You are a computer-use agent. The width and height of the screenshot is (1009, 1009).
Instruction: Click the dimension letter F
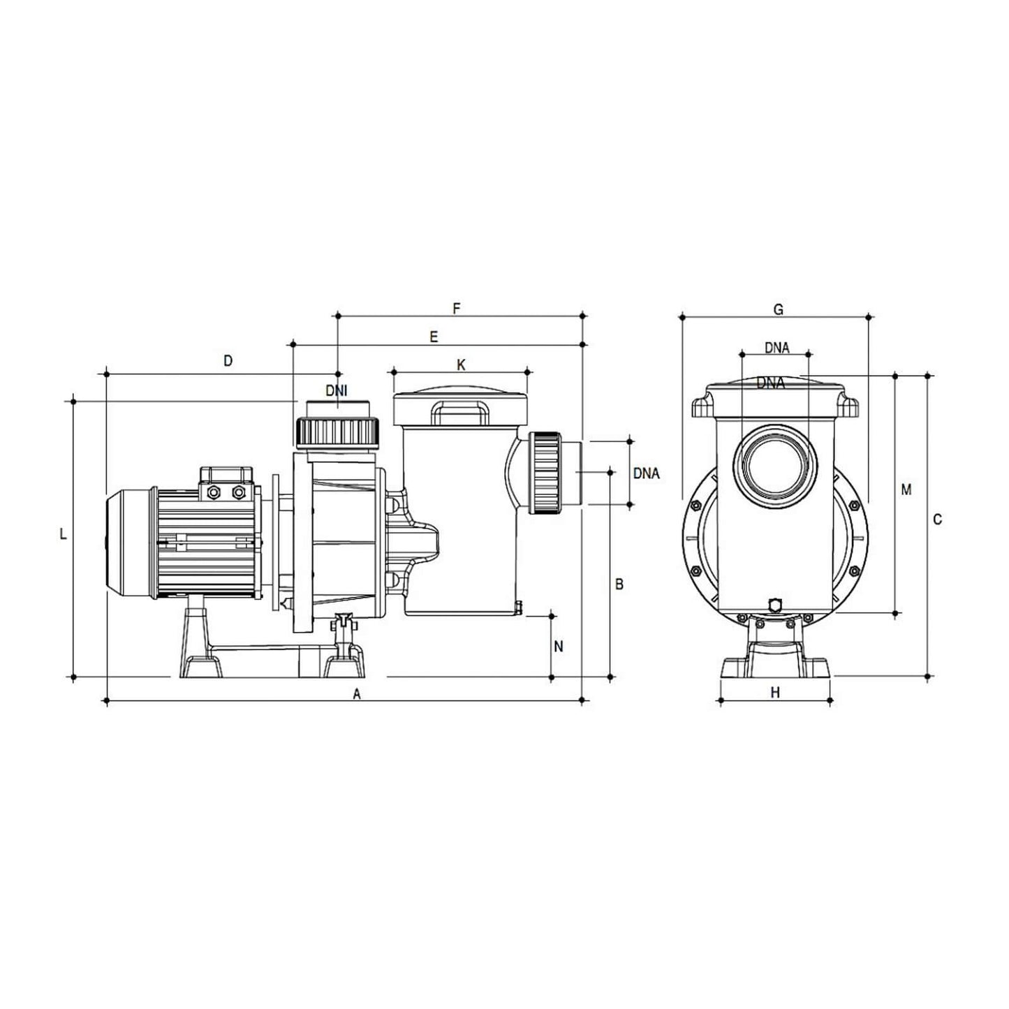click(x=456, y=309)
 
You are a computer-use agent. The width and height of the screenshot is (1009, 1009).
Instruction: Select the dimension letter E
click(x=434, y=337)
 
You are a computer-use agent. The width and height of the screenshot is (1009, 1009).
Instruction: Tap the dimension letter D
click(x=228, y=361)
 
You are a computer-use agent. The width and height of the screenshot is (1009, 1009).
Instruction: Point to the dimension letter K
click(x=461, y=365)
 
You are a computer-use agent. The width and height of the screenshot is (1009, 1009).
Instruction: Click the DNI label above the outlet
click(x=336, y=390)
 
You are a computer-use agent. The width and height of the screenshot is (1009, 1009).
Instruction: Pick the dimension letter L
click(x=64, y=535)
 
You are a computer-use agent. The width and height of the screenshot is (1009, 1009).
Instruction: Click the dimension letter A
click(x=357, y=694)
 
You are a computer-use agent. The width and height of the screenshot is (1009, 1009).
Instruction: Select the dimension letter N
click(x=558, y=647)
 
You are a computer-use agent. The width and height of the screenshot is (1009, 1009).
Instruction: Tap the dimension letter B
click(x=619, y=584)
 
